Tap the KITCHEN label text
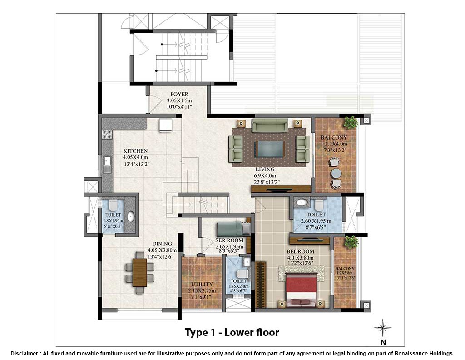(135, 151)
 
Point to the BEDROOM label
(300, 251)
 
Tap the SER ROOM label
(229, 240)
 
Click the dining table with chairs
(139, 272)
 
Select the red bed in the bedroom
(300, 289)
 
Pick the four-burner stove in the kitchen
(108, 134)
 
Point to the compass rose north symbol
(383, 327)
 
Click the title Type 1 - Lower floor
(232, 332)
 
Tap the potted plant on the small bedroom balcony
(351, 241)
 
